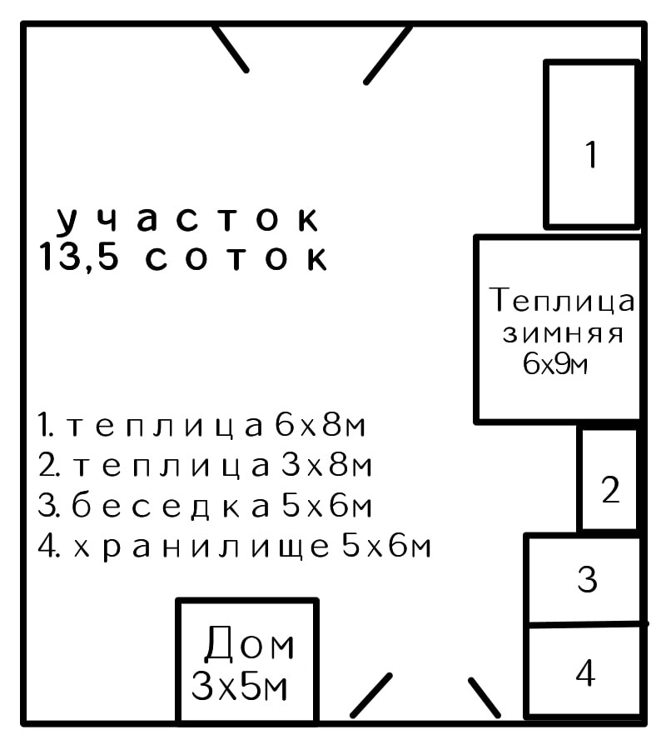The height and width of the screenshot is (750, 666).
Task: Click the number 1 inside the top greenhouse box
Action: (591, 155)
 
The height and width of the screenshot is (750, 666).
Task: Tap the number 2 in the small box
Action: (610, 490)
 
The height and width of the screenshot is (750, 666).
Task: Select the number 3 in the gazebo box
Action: (588, 578)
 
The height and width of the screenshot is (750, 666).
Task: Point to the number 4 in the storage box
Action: (586, 672)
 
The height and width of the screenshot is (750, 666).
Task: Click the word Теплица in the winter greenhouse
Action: (562, 300)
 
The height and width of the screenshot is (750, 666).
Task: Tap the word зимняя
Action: (563, 333)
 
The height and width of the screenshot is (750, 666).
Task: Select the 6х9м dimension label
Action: (556, 364)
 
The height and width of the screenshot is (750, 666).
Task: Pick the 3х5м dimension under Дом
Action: (241, 687)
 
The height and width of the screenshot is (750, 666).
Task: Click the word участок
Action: (188, 220)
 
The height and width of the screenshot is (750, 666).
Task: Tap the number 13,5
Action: (79, 257)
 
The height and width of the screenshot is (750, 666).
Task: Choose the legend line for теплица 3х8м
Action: (204, 466)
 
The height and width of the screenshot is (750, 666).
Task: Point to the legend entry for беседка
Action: (205, 506)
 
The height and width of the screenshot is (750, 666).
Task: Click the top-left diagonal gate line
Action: (230, 48)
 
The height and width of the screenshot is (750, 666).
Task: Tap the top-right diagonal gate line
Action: (388, 54)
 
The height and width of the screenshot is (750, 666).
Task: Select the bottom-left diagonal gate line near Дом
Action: (370, 695)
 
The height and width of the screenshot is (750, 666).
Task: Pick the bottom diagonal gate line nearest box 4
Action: (485, 697)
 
